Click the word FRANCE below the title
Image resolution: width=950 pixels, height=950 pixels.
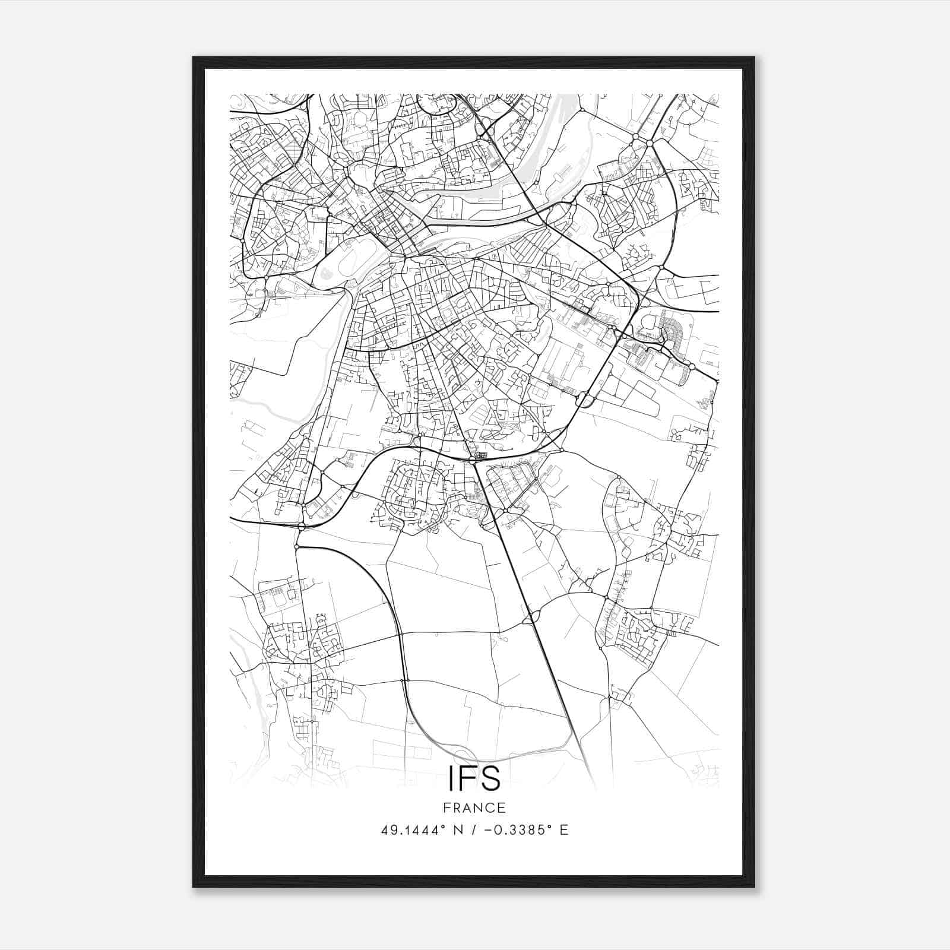pos(474,807)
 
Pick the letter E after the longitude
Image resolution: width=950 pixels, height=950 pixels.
pos(564,830)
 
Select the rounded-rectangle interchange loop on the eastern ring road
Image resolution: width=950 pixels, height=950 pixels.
pos(584,400)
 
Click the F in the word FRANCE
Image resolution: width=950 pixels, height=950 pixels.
pos(446,807)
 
